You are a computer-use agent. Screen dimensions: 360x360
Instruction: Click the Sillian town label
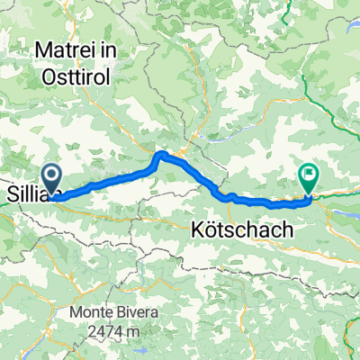click(27, 193)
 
